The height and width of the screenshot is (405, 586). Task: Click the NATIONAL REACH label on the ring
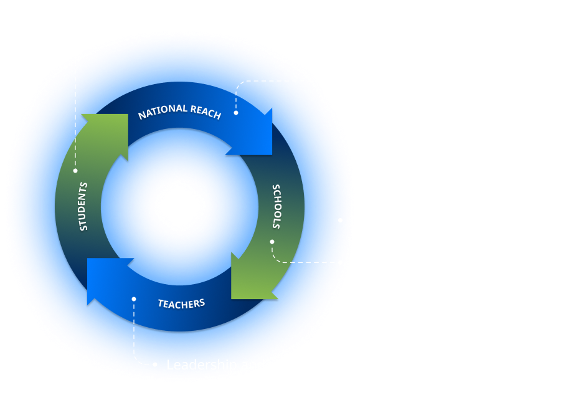pos(179,112)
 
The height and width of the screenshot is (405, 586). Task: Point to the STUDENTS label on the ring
pos(84,206)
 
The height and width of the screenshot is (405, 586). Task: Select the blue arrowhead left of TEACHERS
pos(106,280)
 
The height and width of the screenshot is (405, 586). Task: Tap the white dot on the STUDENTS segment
pos(75,170)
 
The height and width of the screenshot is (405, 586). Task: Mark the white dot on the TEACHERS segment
pos(133,299)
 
